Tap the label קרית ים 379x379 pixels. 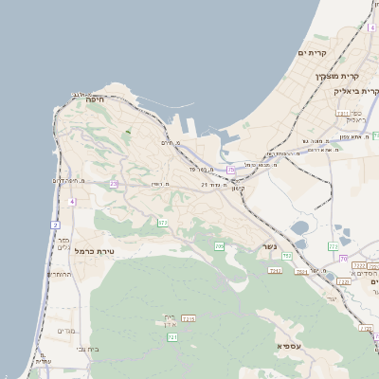click(x=313, y=53)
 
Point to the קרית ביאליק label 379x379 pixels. click(x=356, y=91)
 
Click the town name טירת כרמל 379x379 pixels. click(x=94, y=251)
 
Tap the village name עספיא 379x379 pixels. click(x=290, y=346)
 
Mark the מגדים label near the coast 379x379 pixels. click(x=66, y=331)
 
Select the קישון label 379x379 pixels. click(x=237, y=189)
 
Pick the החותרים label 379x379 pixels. click(x=59, y=275)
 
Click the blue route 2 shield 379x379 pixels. click(x=56, y=225)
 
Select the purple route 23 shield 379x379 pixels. click(x=114, y=184)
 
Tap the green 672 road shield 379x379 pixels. click(x=163, y=223)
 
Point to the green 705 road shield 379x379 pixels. click(x=219, y=246)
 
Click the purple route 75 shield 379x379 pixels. click(x=230, y=171)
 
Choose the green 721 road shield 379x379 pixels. click(x=172, y=337)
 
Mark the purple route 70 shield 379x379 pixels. click(x=343, y=259)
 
